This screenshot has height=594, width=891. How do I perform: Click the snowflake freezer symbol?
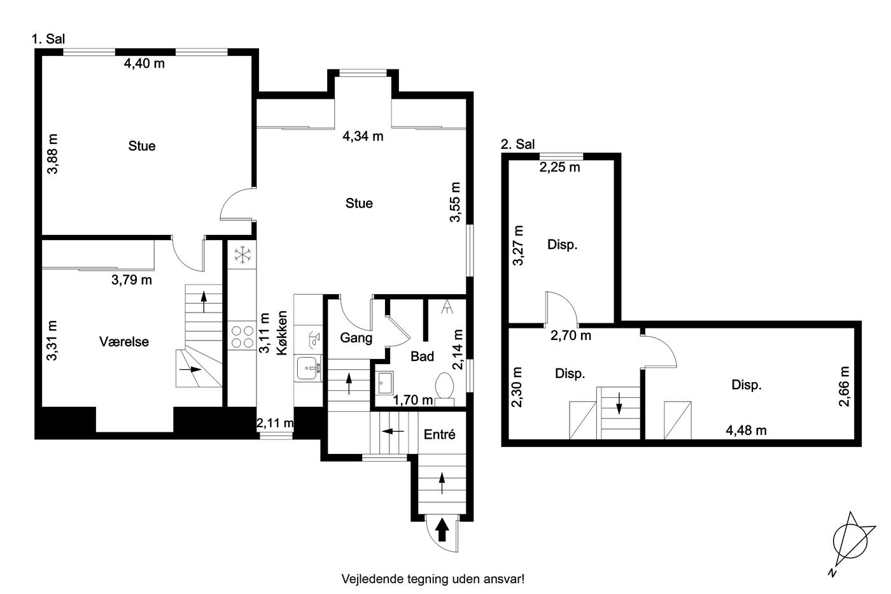(242, 255)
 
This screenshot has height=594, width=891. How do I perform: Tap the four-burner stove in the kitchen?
(242, 337)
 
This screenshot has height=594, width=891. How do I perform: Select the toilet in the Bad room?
(445, 389)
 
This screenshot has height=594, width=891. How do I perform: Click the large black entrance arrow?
(442, 531)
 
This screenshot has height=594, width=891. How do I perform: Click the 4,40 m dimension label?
(144, 63)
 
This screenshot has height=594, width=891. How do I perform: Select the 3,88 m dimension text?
(52, 153)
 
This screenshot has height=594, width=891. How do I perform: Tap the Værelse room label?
(124, 341)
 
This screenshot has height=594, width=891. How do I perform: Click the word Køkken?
(281, 332)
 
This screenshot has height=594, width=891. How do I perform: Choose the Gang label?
(356, 338)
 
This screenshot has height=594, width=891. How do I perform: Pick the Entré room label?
(440, 434)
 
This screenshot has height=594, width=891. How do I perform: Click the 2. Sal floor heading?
(517, 144)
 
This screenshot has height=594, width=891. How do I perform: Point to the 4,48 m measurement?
(746, 430)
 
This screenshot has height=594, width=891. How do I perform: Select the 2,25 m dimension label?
(559, 167)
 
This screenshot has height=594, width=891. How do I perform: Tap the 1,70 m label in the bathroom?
(413, 399)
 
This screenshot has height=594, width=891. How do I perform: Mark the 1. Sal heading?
(48, 39)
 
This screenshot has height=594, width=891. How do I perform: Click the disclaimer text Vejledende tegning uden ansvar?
(433, 579)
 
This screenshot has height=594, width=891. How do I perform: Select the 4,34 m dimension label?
(363, 136)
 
